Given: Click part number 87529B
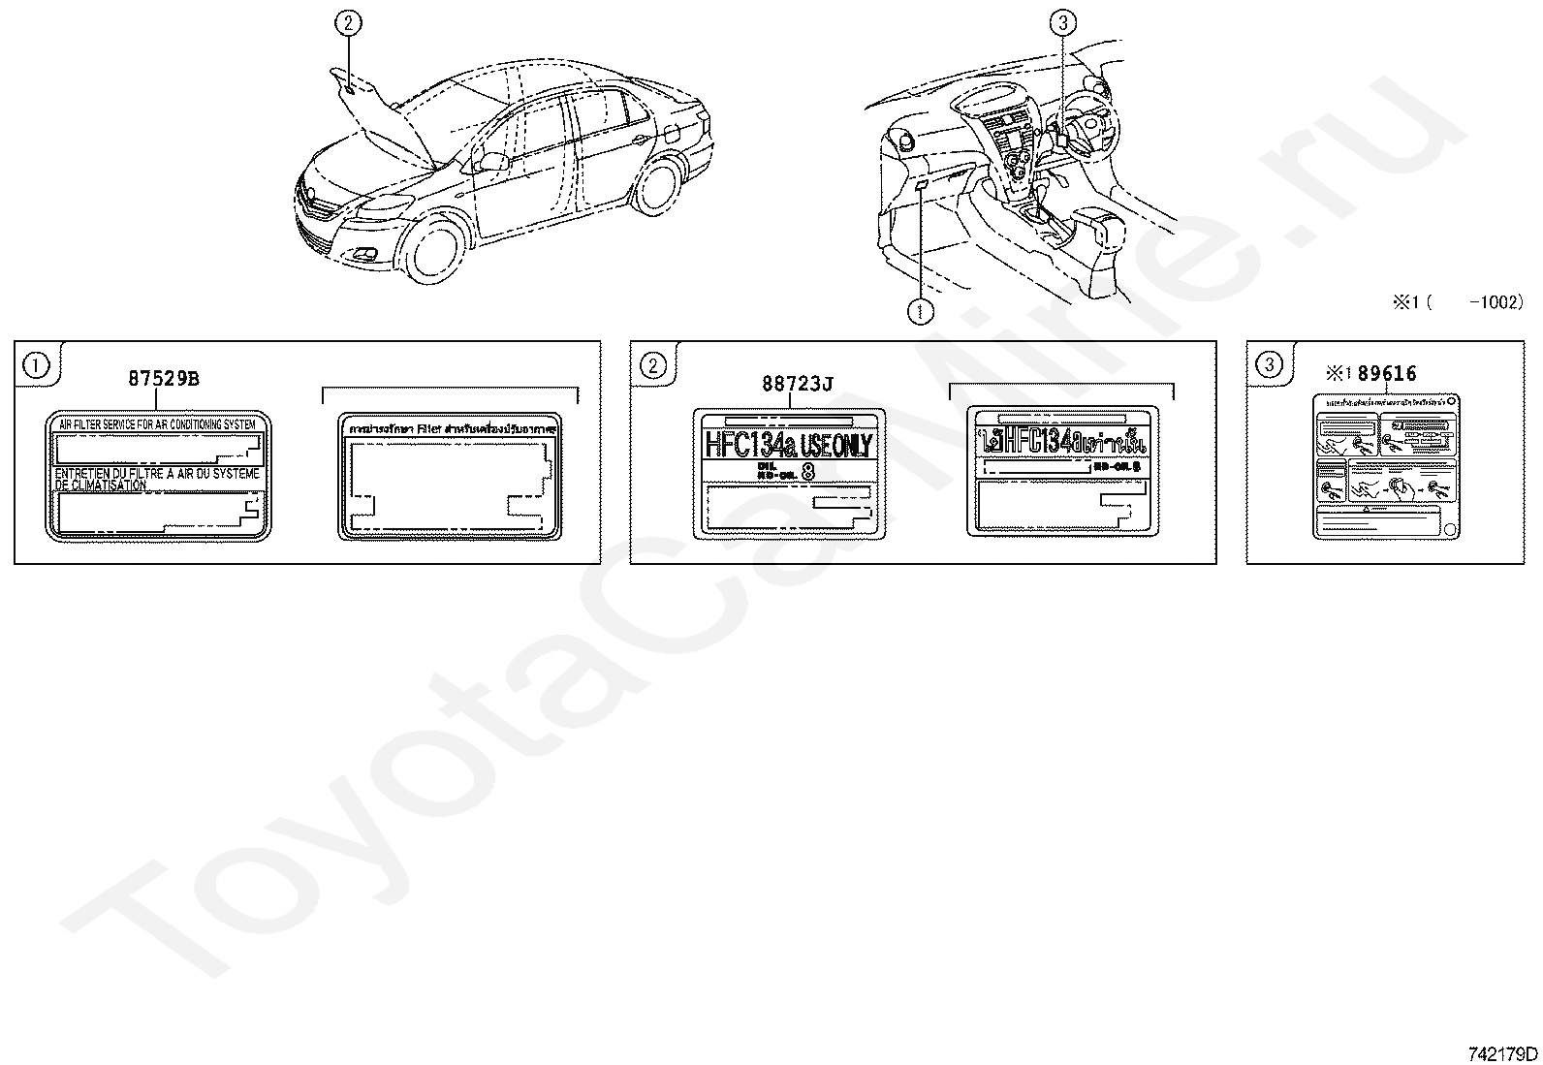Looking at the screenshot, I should tap(164, 379).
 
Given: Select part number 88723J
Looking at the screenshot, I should tap(797, 384).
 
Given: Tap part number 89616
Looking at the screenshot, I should tap(1387, 373).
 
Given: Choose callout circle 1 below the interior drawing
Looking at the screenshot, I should tap(919, 311).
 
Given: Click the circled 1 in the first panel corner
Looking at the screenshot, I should tap(36, 365).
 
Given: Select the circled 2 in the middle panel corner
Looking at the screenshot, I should tap(652, 365).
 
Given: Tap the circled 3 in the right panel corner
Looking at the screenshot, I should tap(1269, 365).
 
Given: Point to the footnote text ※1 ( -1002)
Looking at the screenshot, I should tap(1458, 302).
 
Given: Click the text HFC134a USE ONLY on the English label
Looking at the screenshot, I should tap(789, 444).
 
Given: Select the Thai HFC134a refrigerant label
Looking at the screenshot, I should tap(1062, 469).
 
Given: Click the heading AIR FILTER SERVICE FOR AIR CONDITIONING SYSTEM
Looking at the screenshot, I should tap(158, 424).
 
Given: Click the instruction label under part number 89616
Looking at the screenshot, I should tap(1385, 465).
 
